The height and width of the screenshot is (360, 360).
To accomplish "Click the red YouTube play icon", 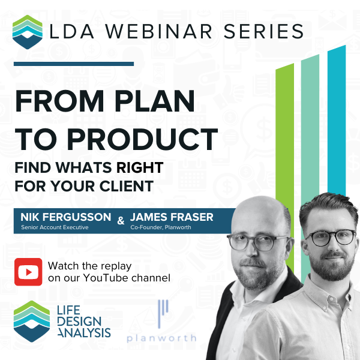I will tap(29, 272).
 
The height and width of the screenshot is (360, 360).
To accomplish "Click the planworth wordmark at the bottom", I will tap(161, 337).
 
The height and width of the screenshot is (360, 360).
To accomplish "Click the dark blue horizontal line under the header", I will tap(73, 63).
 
